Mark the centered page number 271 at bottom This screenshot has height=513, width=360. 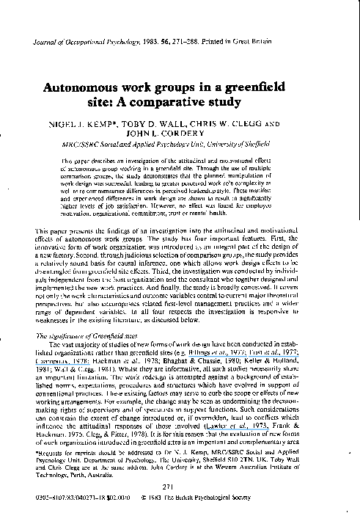coord(180,487)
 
